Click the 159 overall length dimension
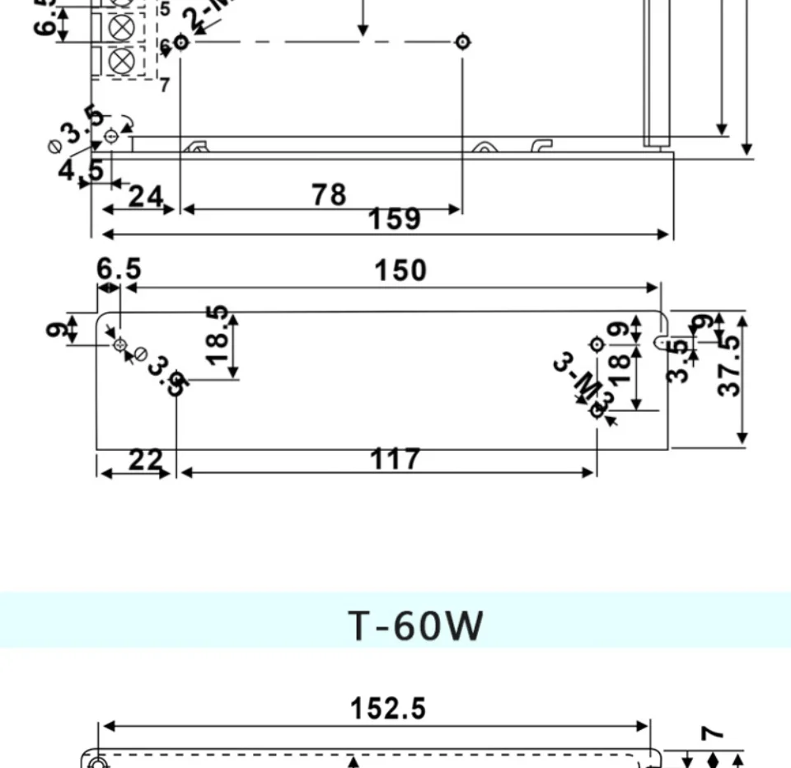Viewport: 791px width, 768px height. coord(394,219)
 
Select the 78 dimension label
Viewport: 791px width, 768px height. coord(329,194)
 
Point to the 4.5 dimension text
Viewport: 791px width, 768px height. coord(81,171)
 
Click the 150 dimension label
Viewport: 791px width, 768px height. coord(400,270)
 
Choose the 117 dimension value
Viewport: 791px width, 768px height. coord(395,459)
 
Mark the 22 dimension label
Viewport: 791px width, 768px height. coord(146,459)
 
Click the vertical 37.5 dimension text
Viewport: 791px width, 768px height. coord(730,365)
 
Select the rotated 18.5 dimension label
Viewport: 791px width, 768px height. coord(218,336)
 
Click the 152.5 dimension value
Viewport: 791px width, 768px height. coord(388,708)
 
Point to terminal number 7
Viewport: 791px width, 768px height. coord(164,84)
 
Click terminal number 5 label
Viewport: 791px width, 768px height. coord(164,10)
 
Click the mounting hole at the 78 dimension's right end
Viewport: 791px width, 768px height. coord(463,41)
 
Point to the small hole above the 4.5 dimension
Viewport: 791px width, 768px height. coord(111,135)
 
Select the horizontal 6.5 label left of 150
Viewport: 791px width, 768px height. coord(119,269)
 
